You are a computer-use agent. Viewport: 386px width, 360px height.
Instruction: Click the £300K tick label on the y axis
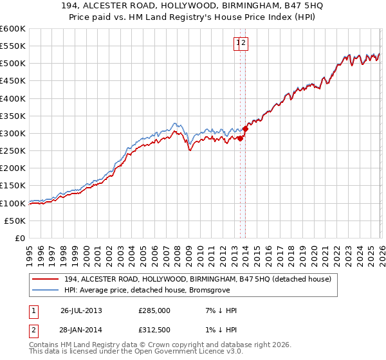[13, 134]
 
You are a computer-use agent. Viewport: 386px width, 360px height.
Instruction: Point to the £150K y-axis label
[13, 186]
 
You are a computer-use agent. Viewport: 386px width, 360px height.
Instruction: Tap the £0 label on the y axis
[20, 239]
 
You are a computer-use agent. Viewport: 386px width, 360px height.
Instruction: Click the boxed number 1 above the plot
[238, 43]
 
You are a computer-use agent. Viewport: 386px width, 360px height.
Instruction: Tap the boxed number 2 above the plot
[244, 43]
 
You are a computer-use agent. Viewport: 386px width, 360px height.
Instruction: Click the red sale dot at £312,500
[246, 129]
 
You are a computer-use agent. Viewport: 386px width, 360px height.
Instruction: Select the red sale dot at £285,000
[240, 138]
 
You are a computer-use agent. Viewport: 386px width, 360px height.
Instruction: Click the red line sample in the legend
[46, 279]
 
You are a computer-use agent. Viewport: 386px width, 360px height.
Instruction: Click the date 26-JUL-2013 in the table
[81, 310]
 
